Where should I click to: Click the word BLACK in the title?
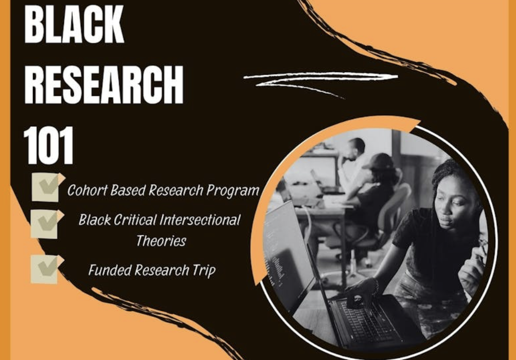point(74,23)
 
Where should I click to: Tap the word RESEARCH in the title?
point(104,84)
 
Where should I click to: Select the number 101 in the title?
point(48,145)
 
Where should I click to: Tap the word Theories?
point(161,241)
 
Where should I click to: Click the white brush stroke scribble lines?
point(321,82)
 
